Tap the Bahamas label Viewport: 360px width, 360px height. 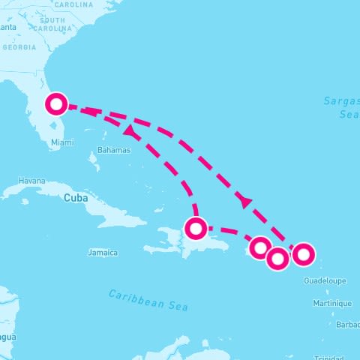point(114,150)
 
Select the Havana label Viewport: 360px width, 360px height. point(31,181)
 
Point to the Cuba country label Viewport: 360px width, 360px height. point(76,198)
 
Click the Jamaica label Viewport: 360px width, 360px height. point(103,253)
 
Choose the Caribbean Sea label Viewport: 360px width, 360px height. point(148,299)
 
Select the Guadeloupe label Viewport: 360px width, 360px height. point(325,280)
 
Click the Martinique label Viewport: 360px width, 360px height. point(331,303)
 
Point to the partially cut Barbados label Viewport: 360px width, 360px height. point(348,325)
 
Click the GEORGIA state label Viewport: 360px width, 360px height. point(19,46)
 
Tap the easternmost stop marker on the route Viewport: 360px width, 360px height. point(302,254)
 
